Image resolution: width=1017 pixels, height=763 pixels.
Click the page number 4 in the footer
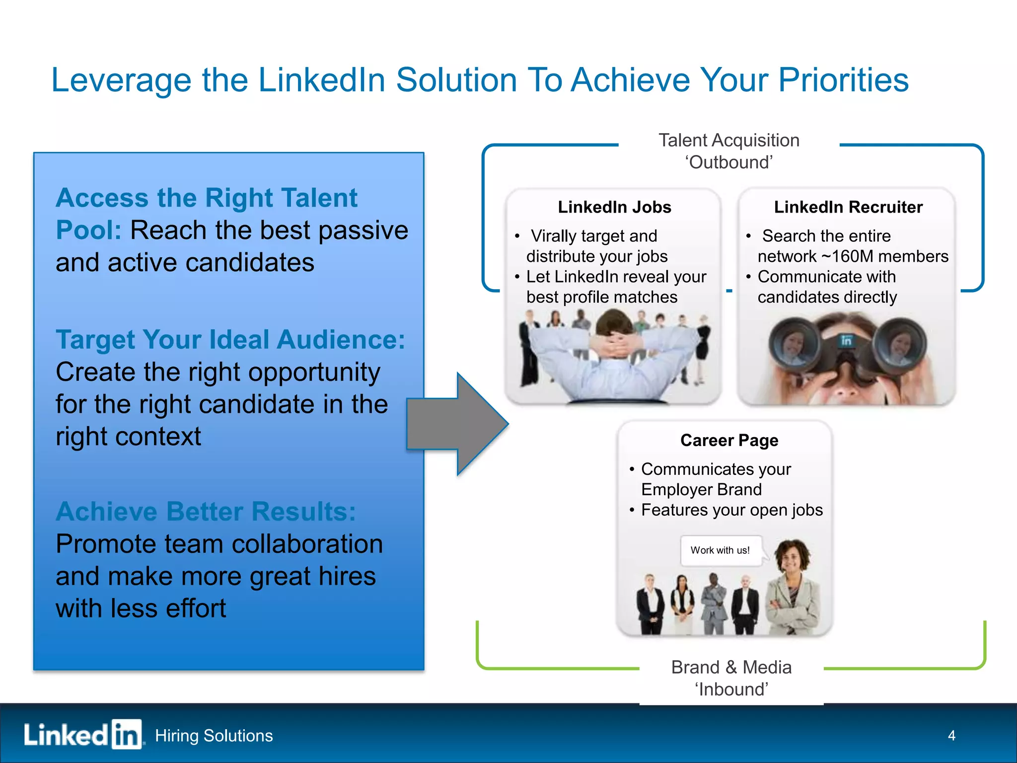point(951,735)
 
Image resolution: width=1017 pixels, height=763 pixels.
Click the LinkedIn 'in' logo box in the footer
point(127,734)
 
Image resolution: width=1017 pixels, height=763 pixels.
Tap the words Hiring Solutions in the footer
point(214,735)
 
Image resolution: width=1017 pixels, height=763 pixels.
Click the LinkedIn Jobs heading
point(614,207)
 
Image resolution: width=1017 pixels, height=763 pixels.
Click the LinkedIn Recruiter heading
point(848,207)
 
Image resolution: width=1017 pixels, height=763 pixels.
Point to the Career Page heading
point(729,440)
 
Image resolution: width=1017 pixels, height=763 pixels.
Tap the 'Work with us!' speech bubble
point(720,550)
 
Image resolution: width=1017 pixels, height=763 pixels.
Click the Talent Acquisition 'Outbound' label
point(729,151)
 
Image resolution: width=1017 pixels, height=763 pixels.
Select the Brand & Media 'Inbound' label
point(731,678)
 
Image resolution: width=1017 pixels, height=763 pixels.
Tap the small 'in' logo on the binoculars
point(846,340)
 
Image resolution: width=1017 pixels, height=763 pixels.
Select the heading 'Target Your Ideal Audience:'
point(230,340)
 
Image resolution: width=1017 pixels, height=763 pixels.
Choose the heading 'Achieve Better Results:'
point(206,512)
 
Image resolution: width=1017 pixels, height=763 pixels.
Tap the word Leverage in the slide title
point(122,81)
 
